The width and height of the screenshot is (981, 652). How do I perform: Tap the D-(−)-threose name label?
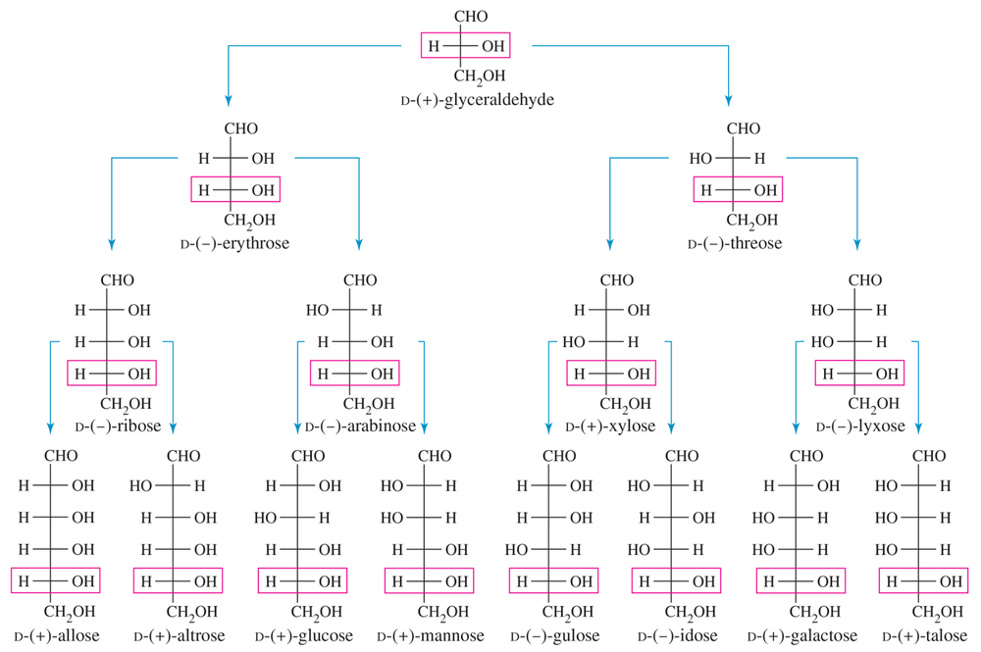(x=735, y=242)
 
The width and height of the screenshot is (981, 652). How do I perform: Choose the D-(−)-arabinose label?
(x=362, y=426)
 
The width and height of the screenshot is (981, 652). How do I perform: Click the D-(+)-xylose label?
(x=610, y=426)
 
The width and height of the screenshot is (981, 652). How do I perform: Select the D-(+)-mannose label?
(x=430, y=636)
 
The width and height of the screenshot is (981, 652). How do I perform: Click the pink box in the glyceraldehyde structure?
(x=465, y=46)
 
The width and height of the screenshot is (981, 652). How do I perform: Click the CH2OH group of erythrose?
(x=250, y=220)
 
